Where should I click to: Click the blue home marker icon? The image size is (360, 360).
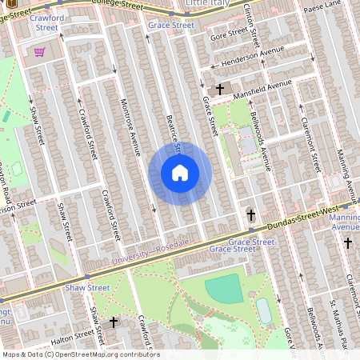[x=180, y=173]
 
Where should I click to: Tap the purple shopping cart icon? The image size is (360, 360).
[x=39, y=52]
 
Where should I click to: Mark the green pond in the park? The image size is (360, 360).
[x=223, y=288]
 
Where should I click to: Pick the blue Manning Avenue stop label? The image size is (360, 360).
[x=345, y=222]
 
